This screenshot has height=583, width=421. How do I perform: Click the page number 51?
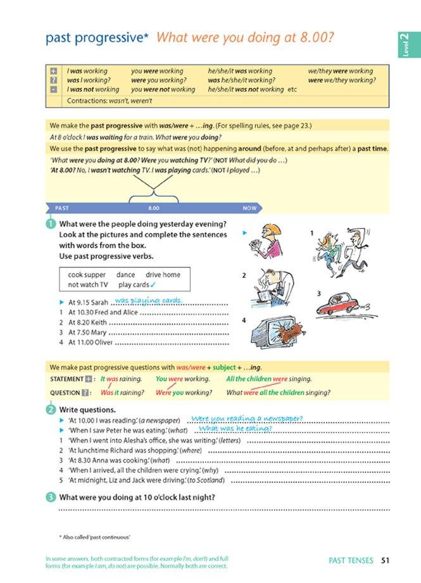(x=386, y=560)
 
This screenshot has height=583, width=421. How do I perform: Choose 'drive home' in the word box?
(x=163, y=275)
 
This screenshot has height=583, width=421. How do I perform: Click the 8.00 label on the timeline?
(x=153, y=208)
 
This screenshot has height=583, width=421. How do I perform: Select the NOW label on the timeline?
(x=249, y=208)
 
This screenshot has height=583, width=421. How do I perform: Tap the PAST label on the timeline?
(x=62, y=208)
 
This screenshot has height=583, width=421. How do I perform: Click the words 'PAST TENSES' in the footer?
(x=351, y=560)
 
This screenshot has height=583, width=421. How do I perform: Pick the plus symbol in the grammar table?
(x=53, y=72)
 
